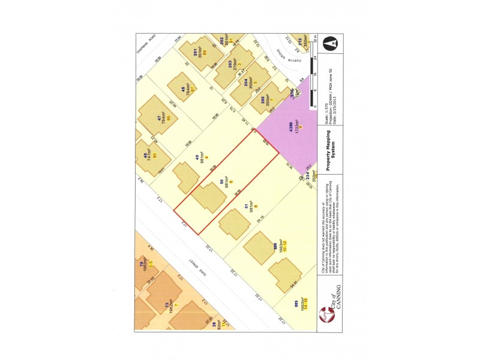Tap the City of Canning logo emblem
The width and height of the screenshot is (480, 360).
click(x=326, y=314)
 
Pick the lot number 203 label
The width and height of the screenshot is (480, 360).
click(x=230, y=63)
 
